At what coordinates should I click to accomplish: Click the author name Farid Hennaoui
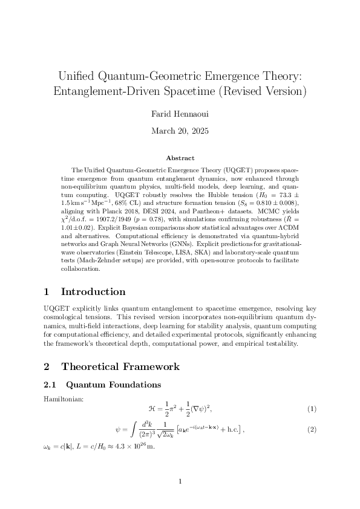click(x=180, y=113)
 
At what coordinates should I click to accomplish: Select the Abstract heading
click(x=180, y=158)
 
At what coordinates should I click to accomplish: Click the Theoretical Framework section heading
click(x=120, y=366)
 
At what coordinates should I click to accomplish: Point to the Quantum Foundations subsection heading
click(x=113, y=384)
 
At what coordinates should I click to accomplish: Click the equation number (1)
click(x=312, y=409)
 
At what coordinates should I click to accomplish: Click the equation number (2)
click(x=312, y=429)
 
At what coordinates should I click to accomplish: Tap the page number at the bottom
click(x=180, y=482)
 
